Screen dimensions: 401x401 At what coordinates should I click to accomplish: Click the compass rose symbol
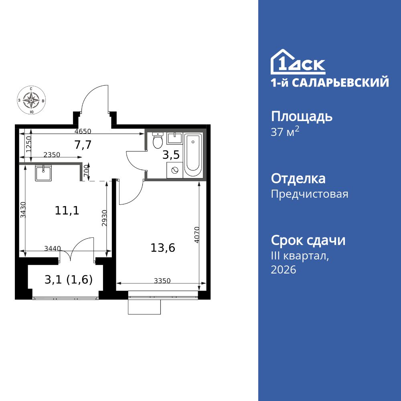(x=31, y=100)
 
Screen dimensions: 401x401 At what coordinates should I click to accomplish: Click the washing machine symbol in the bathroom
(x=175, y=170)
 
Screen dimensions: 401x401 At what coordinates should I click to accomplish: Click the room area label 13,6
(x=163, y=248)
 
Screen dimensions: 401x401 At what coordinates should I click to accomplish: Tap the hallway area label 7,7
(x=83, y=145)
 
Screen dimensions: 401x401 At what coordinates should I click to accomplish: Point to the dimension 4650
(x=83, y=131)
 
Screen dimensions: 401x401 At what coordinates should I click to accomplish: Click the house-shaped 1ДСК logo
(x=298, y=62)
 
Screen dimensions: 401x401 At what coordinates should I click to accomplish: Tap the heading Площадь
(x=302, y=117)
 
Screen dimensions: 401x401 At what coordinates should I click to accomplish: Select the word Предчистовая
(x=310, y=194)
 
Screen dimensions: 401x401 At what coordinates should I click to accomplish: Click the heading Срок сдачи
(x=308, y=241)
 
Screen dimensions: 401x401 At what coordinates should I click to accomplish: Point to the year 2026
(x=284, y=270)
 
